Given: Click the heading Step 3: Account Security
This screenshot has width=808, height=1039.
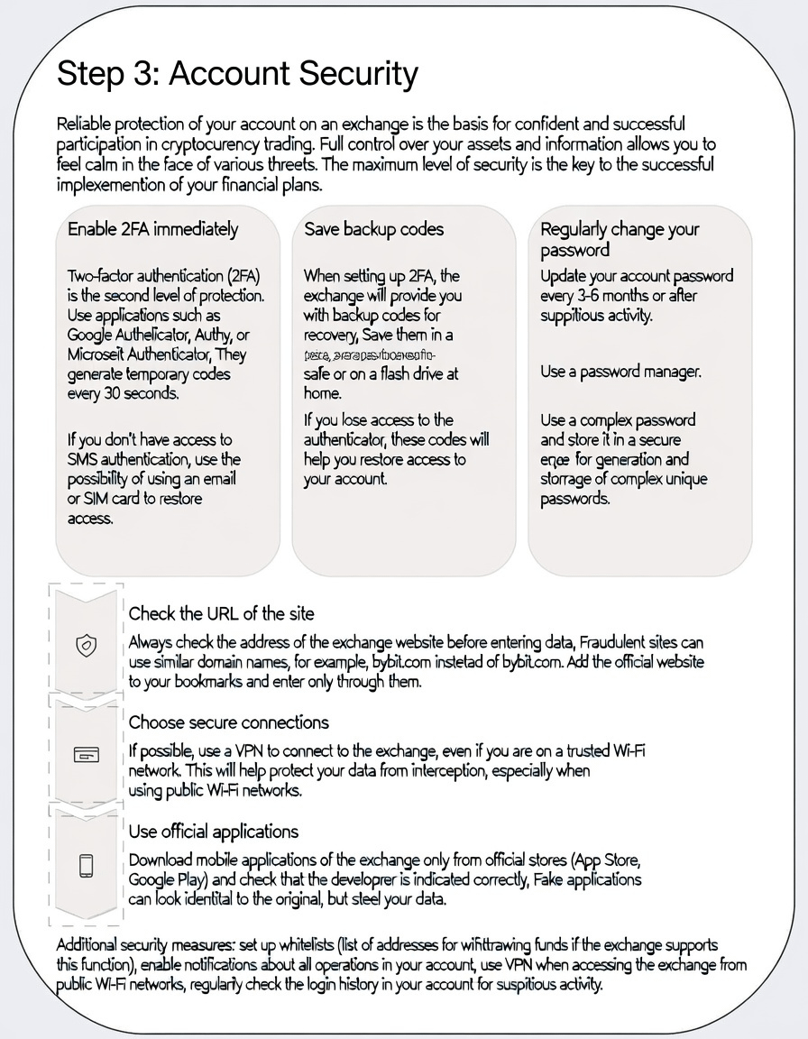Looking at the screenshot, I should pyautogui.click(x=237, y=75).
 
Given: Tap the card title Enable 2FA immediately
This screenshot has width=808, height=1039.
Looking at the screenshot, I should pyautogui.click(x=152, y=229).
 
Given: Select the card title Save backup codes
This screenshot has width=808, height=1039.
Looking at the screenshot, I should pyautogui.click(x=373, y=229).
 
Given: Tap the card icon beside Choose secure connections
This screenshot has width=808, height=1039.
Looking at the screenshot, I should pyautogui.click(x=86, y=755).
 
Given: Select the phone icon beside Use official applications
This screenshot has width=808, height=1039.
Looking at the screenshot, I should pyautogui.click(x=86, y=865).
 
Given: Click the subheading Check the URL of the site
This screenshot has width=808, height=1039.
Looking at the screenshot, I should pyautogui.click(x=221, y=613).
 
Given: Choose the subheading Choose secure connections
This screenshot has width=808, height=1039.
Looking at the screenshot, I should pyautogui.click(x=228, y=722).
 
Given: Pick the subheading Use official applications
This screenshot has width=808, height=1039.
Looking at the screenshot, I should pyautogui.click(x=213, y=832).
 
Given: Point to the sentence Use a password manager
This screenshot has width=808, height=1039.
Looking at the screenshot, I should pyautogui.click(x=620, y=371).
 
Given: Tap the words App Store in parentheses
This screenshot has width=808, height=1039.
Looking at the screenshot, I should pyautogui.click(x=609, y=860).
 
